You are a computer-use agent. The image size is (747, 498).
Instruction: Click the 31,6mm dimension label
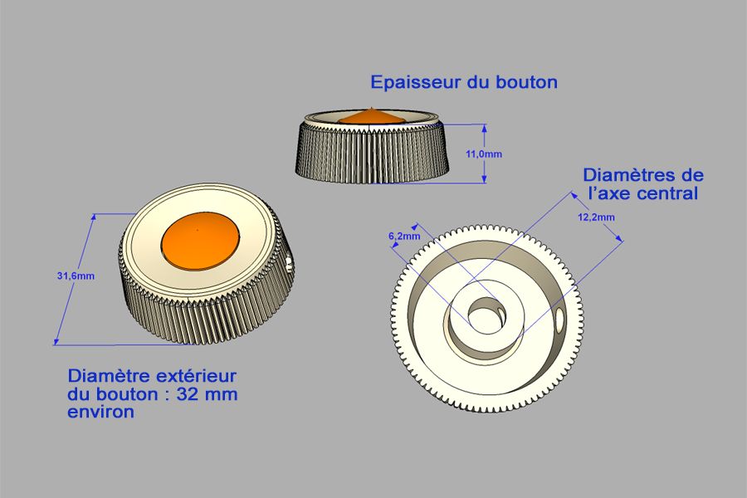76,276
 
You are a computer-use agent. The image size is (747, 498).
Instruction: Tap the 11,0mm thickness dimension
484,154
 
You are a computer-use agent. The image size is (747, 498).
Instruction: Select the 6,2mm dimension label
404,236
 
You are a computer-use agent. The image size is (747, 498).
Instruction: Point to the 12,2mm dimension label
596,217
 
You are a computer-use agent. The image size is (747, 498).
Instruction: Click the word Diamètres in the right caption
632,175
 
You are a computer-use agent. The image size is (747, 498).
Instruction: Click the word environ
100,412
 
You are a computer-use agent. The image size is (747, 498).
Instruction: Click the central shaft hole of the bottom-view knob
486,314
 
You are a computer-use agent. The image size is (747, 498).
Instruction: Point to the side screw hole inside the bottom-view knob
559,322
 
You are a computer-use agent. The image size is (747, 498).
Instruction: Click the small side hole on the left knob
288,265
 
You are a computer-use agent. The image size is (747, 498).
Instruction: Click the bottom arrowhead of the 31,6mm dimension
56,341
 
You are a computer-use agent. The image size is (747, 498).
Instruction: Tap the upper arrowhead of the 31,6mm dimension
94,217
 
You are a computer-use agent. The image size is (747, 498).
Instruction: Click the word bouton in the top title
527,82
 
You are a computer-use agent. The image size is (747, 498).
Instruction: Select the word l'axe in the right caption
610,193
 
